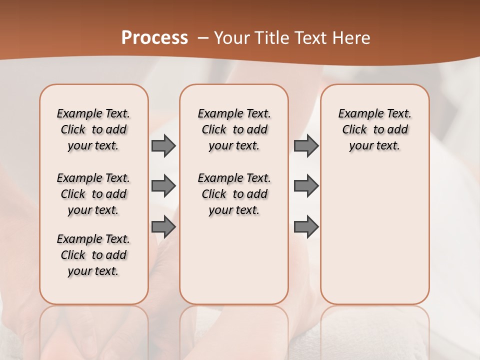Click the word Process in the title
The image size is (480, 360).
(154, 37)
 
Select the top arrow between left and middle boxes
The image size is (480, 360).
(163, 146)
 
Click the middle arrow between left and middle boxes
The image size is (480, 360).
(163, 186)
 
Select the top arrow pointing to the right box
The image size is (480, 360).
(306, 146)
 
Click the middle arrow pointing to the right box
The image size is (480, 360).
(306, 186)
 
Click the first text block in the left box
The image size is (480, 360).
(93, 129)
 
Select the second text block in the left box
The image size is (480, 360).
(93, 194)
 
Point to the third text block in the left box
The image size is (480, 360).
(93, 255)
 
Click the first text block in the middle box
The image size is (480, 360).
(234, 129)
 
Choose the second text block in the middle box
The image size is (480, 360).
(234, 194)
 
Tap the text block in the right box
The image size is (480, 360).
(374, 129)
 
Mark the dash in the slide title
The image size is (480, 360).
(203, 38)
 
